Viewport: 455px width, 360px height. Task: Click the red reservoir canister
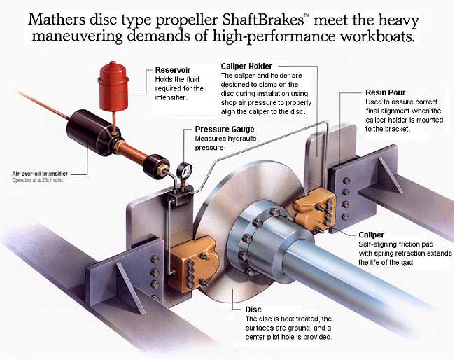[113, 86]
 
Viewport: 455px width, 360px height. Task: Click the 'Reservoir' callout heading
[173, 70]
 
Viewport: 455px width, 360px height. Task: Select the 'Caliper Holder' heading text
[246, 67]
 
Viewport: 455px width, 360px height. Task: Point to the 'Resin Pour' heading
[386, 92]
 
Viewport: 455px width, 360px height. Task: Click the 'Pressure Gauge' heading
[225, 129]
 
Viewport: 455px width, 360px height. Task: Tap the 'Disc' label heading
[253, 310]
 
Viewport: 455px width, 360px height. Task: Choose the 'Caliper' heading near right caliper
[371, 235]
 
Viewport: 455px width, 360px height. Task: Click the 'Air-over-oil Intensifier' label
[40, 174]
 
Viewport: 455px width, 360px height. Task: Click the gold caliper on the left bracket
[194, 263]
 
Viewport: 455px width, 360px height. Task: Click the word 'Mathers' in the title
[57, 20]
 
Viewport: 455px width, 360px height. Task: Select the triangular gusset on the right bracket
[390, 175]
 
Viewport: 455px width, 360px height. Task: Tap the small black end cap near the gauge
[156, 167]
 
